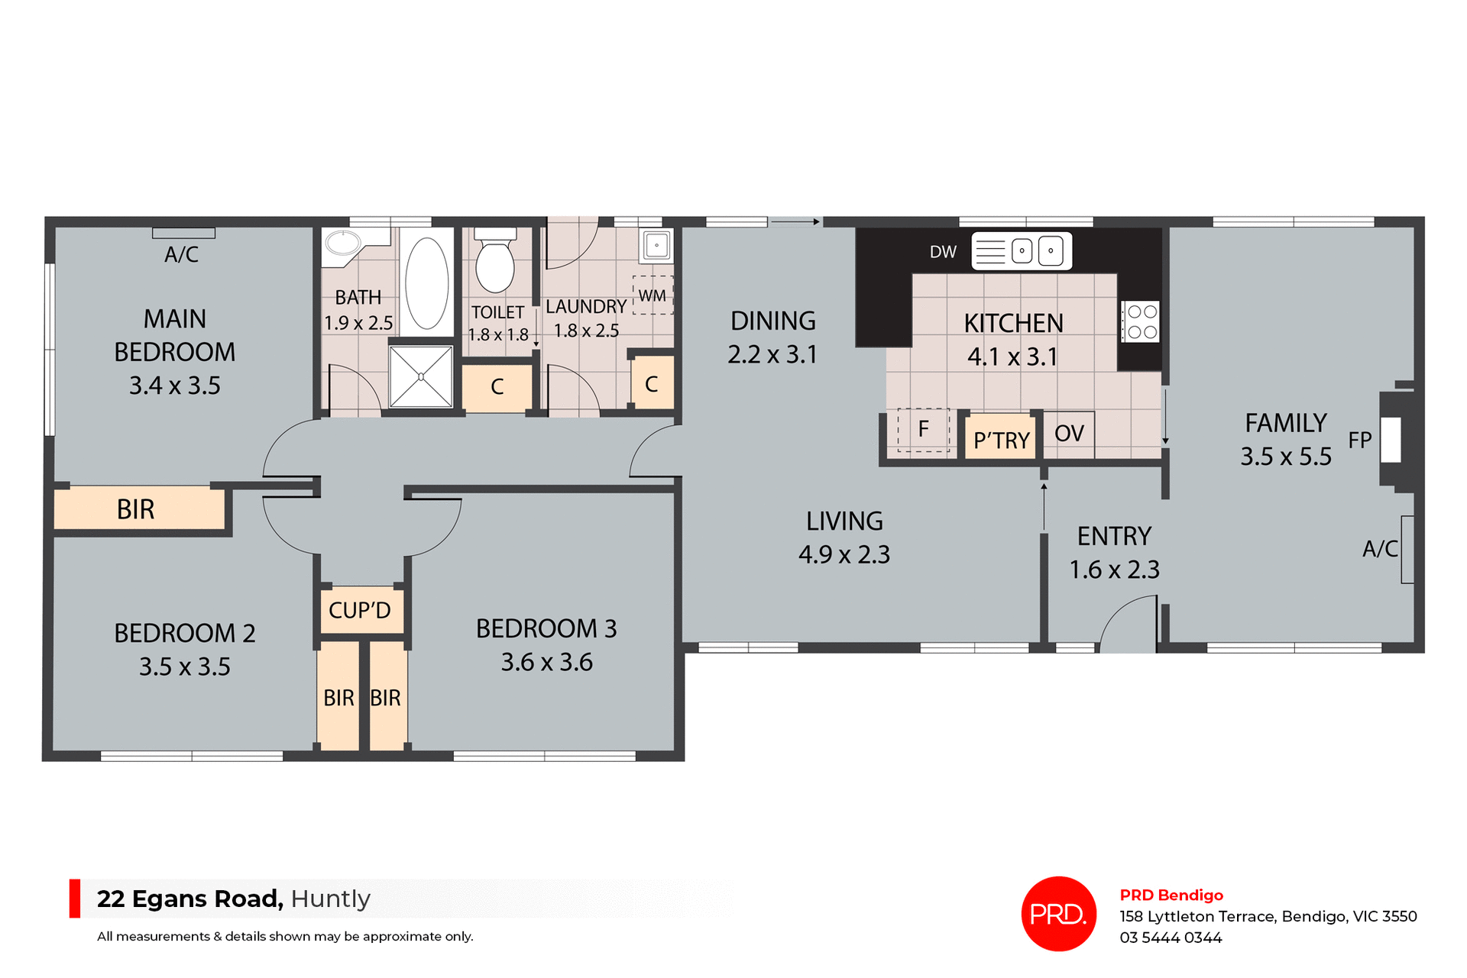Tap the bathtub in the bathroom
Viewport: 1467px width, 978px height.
click(427, 282)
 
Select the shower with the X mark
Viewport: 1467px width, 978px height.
click(421, 376)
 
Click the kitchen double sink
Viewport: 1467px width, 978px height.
click(1036, 251)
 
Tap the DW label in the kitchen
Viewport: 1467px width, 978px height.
click(943, 252)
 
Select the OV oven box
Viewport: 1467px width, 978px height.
click(1069, 434)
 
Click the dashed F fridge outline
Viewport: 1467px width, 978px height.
click(923, 430)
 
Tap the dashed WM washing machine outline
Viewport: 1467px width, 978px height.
click(653, 295)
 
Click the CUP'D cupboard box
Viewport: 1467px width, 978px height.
click(361, 610)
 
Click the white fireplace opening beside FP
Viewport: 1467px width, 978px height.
click(1391, 440)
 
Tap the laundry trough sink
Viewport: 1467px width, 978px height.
click(656, 246)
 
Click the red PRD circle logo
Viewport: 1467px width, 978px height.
click(1058, 913)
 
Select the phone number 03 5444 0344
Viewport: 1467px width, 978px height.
click(1171, 938)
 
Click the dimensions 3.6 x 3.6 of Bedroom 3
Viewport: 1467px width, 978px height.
click(546, 662)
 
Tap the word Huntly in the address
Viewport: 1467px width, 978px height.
click(330, 899)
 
